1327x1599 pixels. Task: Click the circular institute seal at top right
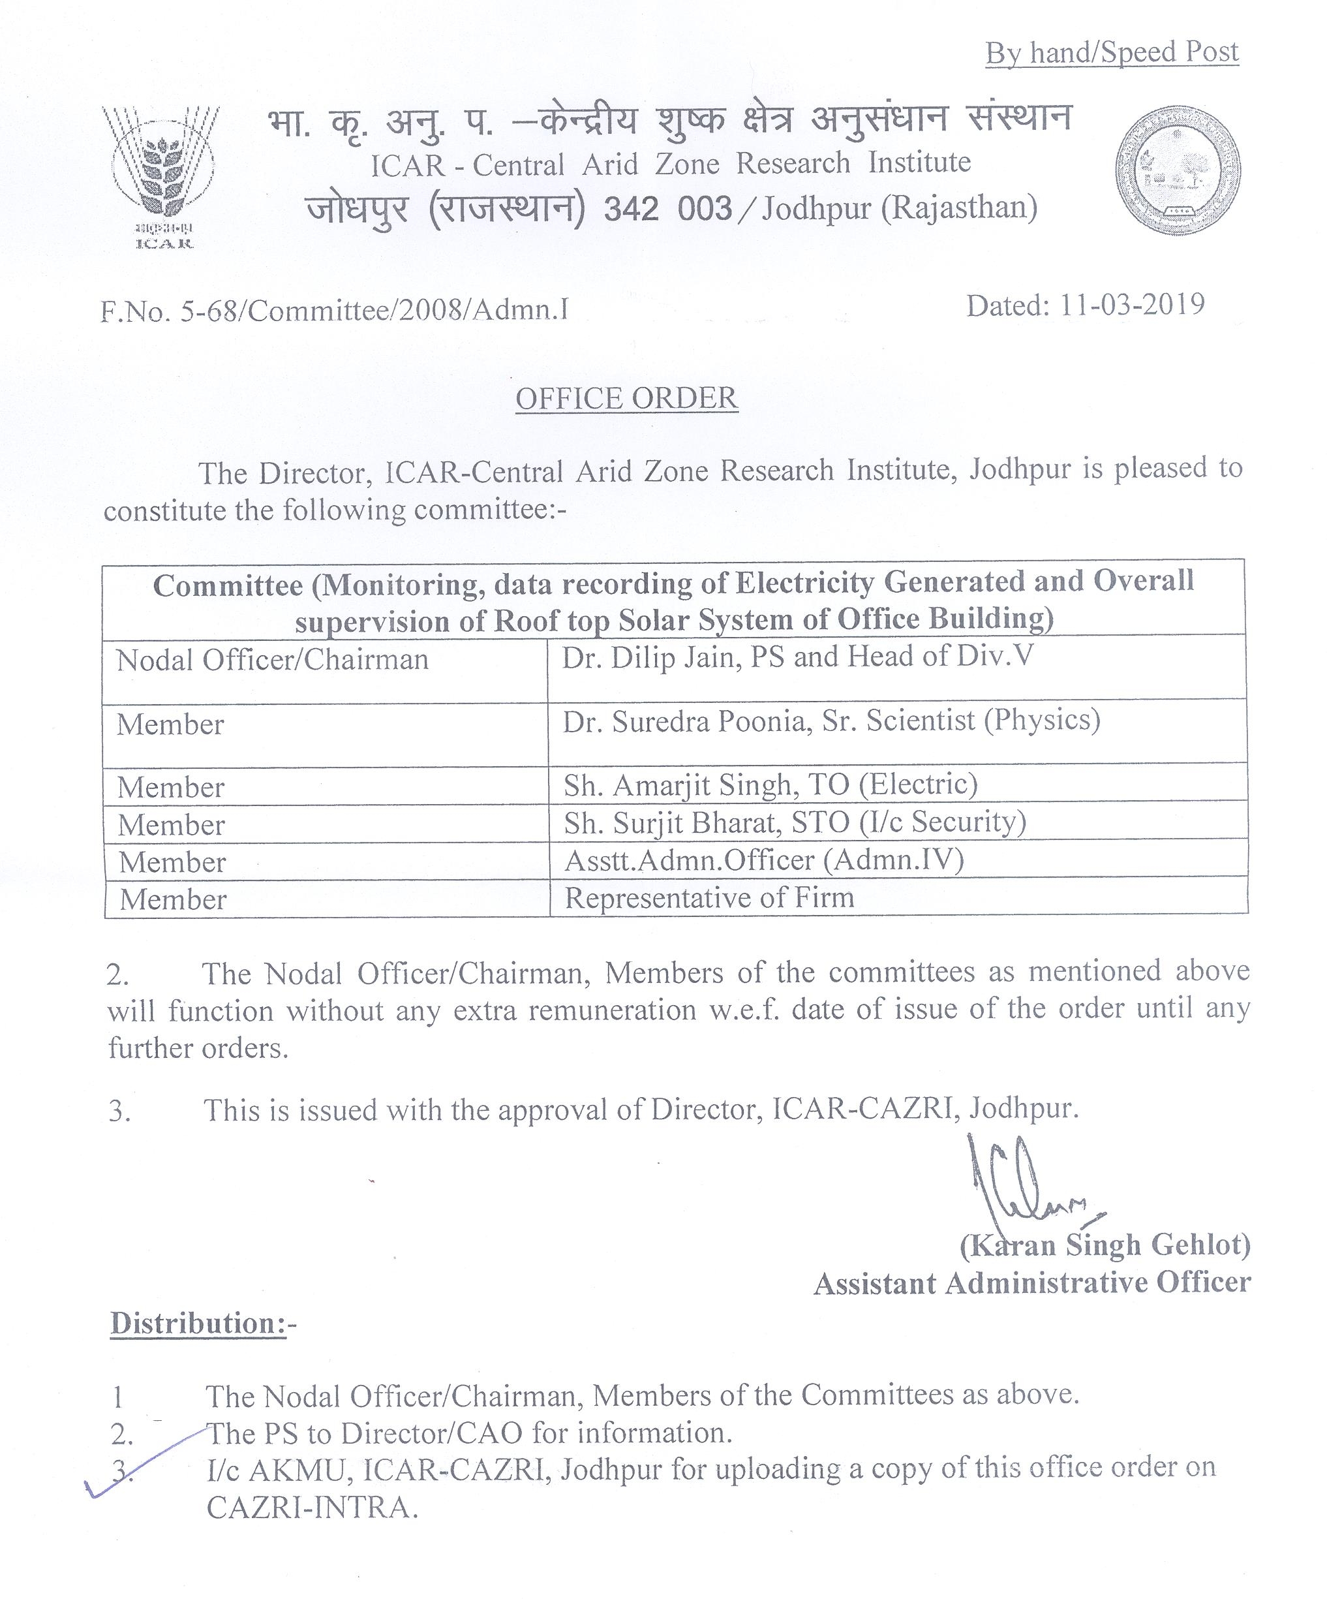click(x=1177, y=169)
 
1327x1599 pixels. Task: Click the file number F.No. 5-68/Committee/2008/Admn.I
click(x=334, y=311)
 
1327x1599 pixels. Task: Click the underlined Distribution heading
click(x=199, y=1324)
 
